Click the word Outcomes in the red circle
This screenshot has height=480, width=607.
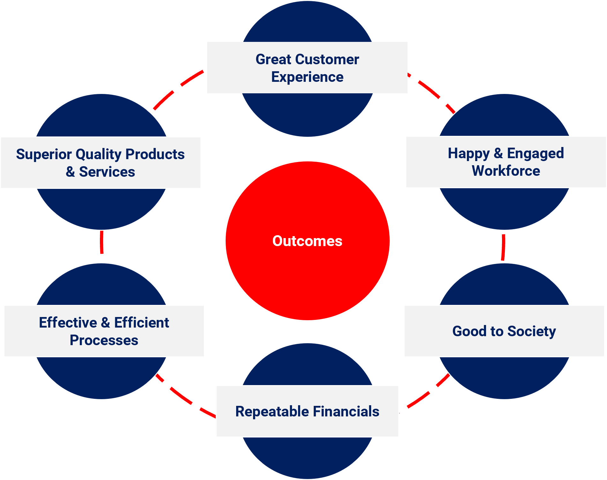point(307,241)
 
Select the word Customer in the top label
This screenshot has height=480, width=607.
point(327,59)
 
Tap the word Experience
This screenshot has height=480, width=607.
point(307,77)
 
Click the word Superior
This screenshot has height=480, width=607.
point(44,154)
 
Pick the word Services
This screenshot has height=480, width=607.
point(107,172)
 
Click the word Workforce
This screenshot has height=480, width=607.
point(506,171)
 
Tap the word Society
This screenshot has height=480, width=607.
point(531,332)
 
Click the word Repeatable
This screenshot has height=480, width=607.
point(272,411)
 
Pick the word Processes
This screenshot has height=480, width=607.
point(104,340)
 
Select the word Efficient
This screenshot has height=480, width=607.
point(142,322)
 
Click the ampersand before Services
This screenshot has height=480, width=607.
point(70,172)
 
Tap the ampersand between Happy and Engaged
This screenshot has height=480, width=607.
point(498,153)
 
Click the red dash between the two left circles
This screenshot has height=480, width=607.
point(101,242)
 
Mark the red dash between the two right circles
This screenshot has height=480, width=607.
point(503,247)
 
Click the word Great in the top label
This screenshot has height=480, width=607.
point(274,59)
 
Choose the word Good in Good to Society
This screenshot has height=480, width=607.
point(469,331)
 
